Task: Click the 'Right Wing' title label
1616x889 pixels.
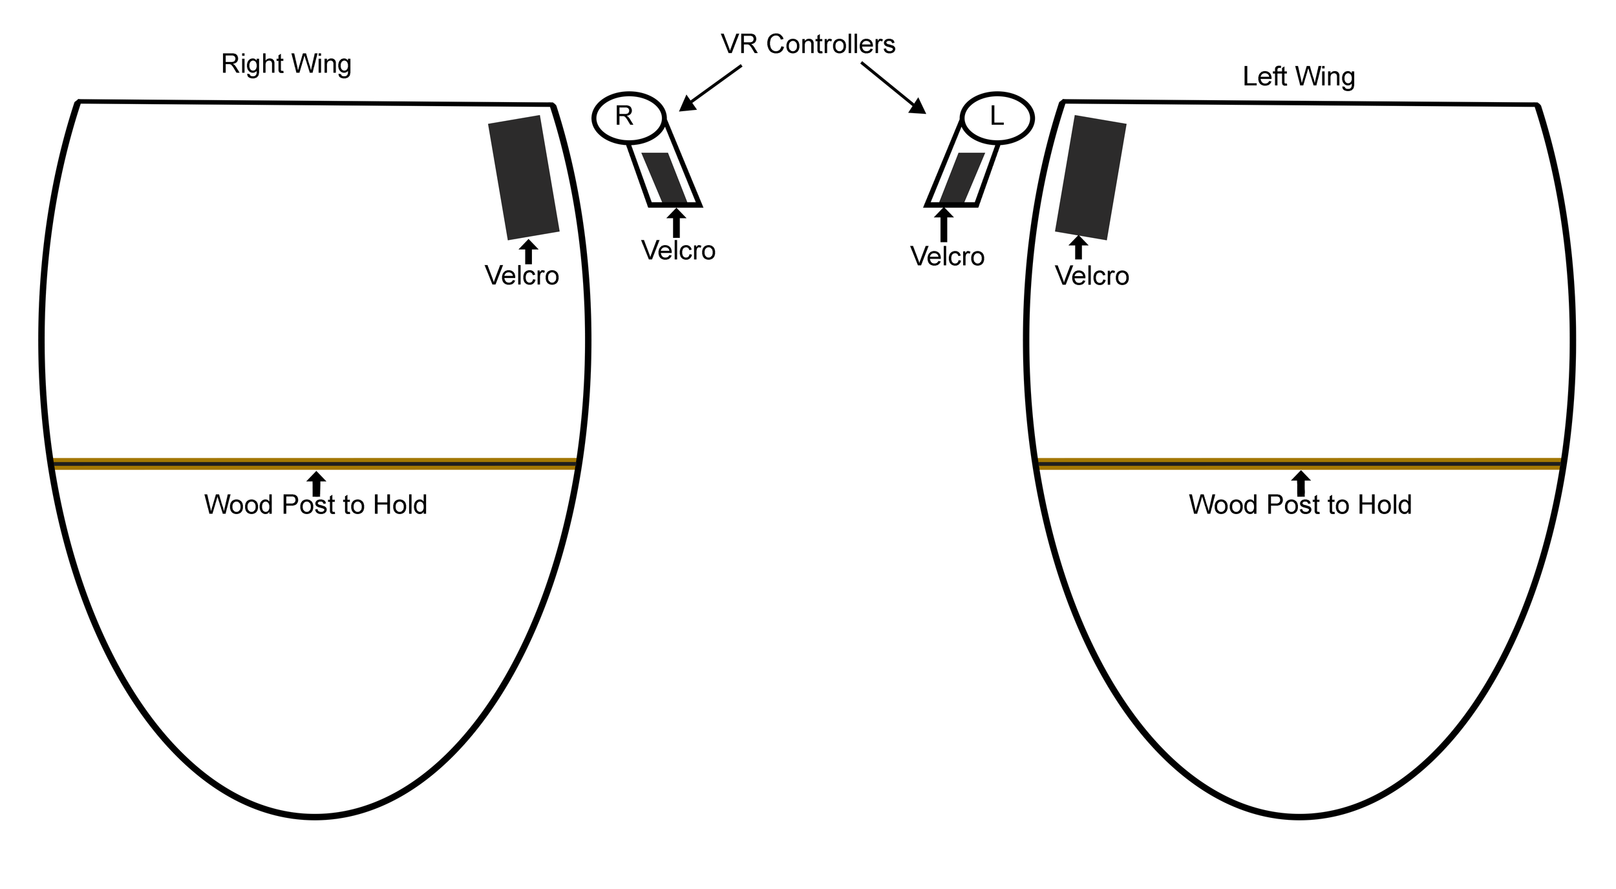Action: [286, 64]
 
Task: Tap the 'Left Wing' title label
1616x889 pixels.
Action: [1298, 76]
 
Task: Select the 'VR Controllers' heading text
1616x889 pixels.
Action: [807, 44]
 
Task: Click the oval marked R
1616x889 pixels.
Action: [628, 117]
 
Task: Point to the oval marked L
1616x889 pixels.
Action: [997, 118]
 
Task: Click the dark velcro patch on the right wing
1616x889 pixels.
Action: [524, 177]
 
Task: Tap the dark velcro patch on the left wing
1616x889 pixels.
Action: [1090, 177]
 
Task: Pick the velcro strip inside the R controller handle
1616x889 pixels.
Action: [664, 178]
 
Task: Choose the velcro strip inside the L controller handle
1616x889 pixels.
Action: [962, 178]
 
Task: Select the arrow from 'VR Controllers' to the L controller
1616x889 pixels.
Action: [893, 88]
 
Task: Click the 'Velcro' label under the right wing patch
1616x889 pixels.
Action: [522, 276]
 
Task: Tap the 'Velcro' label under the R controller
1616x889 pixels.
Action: [678, 251]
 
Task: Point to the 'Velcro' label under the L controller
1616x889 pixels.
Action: [947, 257]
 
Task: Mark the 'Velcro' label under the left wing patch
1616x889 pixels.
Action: [1092, 276]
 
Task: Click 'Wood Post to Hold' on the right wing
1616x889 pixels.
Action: [315, 505]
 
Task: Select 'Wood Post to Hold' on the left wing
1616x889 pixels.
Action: [1300, 505]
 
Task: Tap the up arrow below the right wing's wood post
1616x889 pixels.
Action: [316, 483]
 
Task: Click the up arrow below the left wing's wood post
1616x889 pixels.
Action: [1301, 483]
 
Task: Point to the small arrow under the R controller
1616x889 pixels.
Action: [676, 222]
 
